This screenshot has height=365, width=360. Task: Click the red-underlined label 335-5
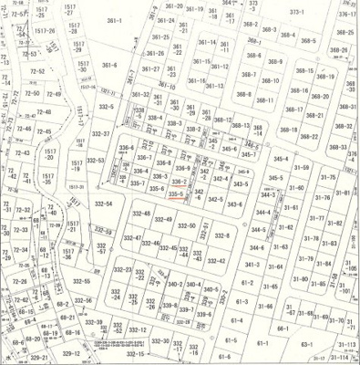[177, 193]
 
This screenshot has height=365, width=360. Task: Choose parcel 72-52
[36, 70]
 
